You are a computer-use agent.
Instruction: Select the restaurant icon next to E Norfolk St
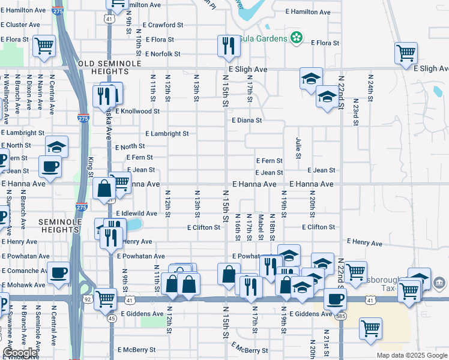pos(228,47)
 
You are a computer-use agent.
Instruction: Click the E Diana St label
pos(247,120)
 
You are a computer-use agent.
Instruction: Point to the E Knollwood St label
pos(137,111)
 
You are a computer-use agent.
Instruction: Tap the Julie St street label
pos(298,148)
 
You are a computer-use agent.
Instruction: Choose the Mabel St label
pos(261,227)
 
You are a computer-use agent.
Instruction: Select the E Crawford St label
pos(163,25)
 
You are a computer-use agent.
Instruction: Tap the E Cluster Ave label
pos(20,25)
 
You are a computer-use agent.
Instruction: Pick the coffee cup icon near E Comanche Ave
pos(58,273)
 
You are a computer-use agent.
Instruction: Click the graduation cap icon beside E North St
pos(56,146)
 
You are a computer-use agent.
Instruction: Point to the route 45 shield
pos(112,319)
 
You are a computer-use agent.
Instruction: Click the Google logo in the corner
pos(20,353)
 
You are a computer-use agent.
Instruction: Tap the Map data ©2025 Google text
pos(411,355)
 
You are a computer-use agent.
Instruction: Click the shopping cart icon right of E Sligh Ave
pos(406,53)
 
